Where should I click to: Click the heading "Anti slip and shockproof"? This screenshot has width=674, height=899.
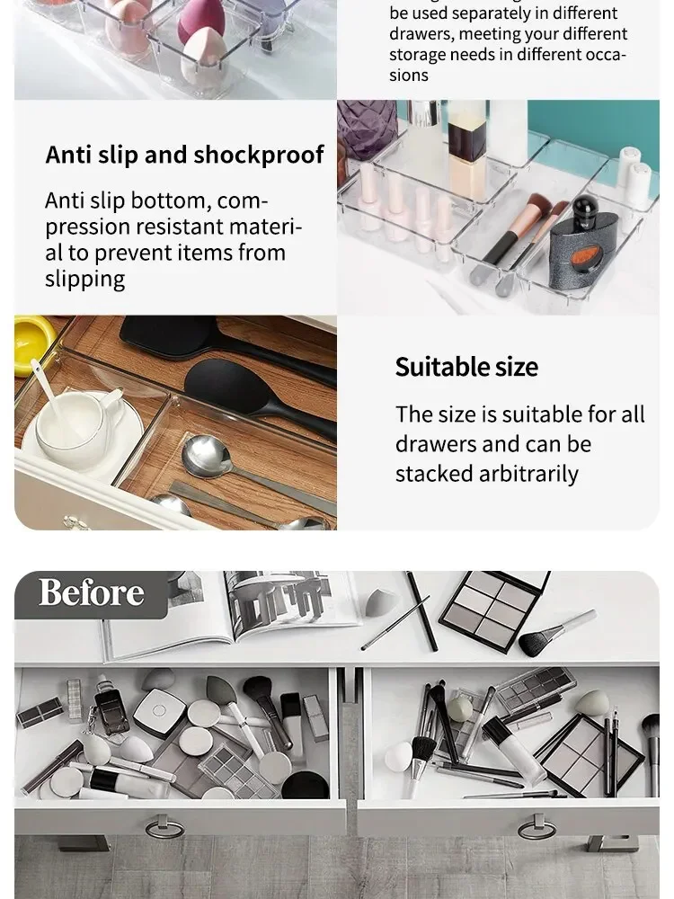coord(184,155)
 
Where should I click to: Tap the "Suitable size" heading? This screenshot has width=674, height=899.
coord(466,367)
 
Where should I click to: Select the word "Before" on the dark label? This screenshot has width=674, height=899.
coord(91,593)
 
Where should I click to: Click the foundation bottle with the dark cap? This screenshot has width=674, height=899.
coord(466,148)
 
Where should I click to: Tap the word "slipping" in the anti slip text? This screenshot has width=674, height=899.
coord(85,279)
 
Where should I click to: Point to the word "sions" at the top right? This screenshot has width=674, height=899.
coord(409,76)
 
